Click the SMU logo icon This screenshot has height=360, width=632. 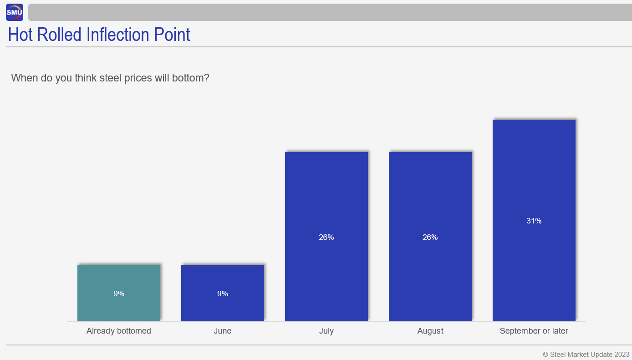[15, 12]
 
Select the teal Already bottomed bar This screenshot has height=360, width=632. [119, 293]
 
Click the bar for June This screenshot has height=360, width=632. [223, 293]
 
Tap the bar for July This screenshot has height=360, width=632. [326, 237]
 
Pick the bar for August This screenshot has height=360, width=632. [430, 237]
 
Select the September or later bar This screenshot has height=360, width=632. [534, 220]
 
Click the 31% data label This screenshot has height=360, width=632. [534, 221]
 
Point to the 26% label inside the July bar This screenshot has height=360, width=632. [326, 238]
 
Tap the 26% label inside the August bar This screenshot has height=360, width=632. [430, 238]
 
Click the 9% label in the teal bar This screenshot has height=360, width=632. [119, 294]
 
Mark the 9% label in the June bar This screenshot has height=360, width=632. [223, 294]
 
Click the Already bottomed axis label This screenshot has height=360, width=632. [119, 331]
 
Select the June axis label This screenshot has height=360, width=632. [223, 331]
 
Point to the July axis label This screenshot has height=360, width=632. [326, 331]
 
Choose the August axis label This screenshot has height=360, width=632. [430, 331]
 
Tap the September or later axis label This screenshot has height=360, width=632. [534, 331]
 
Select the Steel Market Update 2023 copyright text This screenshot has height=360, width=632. [586, 355]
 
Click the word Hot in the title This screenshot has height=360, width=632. [20, 35]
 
